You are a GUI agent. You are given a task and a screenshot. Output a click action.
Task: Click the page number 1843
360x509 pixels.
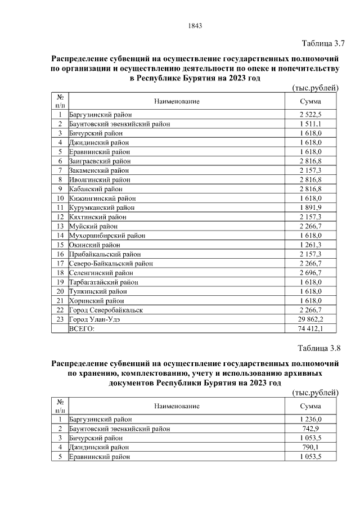click(194, 25)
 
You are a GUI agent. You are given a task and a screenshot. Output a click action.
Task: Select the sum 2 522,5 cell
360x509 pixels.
click(310, 115)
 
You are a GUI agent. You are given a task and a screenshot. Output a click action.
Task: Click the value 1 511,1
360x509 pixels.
click(310, 124)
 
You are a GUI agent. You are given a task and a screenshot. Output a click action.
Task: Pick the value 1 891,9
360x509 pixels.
click(310, 208)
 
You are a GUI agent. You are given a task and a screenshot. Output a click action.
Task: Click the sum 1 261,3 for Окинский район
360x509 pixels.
click(310, 245)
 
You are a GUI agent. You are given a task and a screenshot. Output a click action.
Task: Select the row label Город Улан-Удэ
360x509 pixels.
click(94, 319)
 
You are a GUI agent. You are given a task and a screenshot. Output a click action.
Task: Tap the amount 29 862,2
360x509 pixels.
click(310, 319)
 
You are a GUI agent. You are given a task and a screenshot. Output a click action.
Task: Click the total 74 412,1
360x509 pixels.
click(310, 328)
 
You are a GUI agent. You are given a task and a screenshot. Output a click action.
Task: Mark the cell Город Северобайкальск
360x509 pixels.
click(105, 310)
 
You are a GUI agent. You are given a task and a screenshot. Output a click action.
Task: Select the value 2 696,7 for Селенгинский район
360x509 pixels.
click(310, 273)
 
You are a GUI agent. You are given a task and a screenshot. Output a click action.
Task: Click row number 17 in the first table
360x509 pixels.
click(60, 263)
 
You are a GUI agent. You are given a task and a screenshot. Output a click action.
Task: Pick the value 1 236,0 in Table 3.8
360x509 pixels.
click(310, 419)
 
